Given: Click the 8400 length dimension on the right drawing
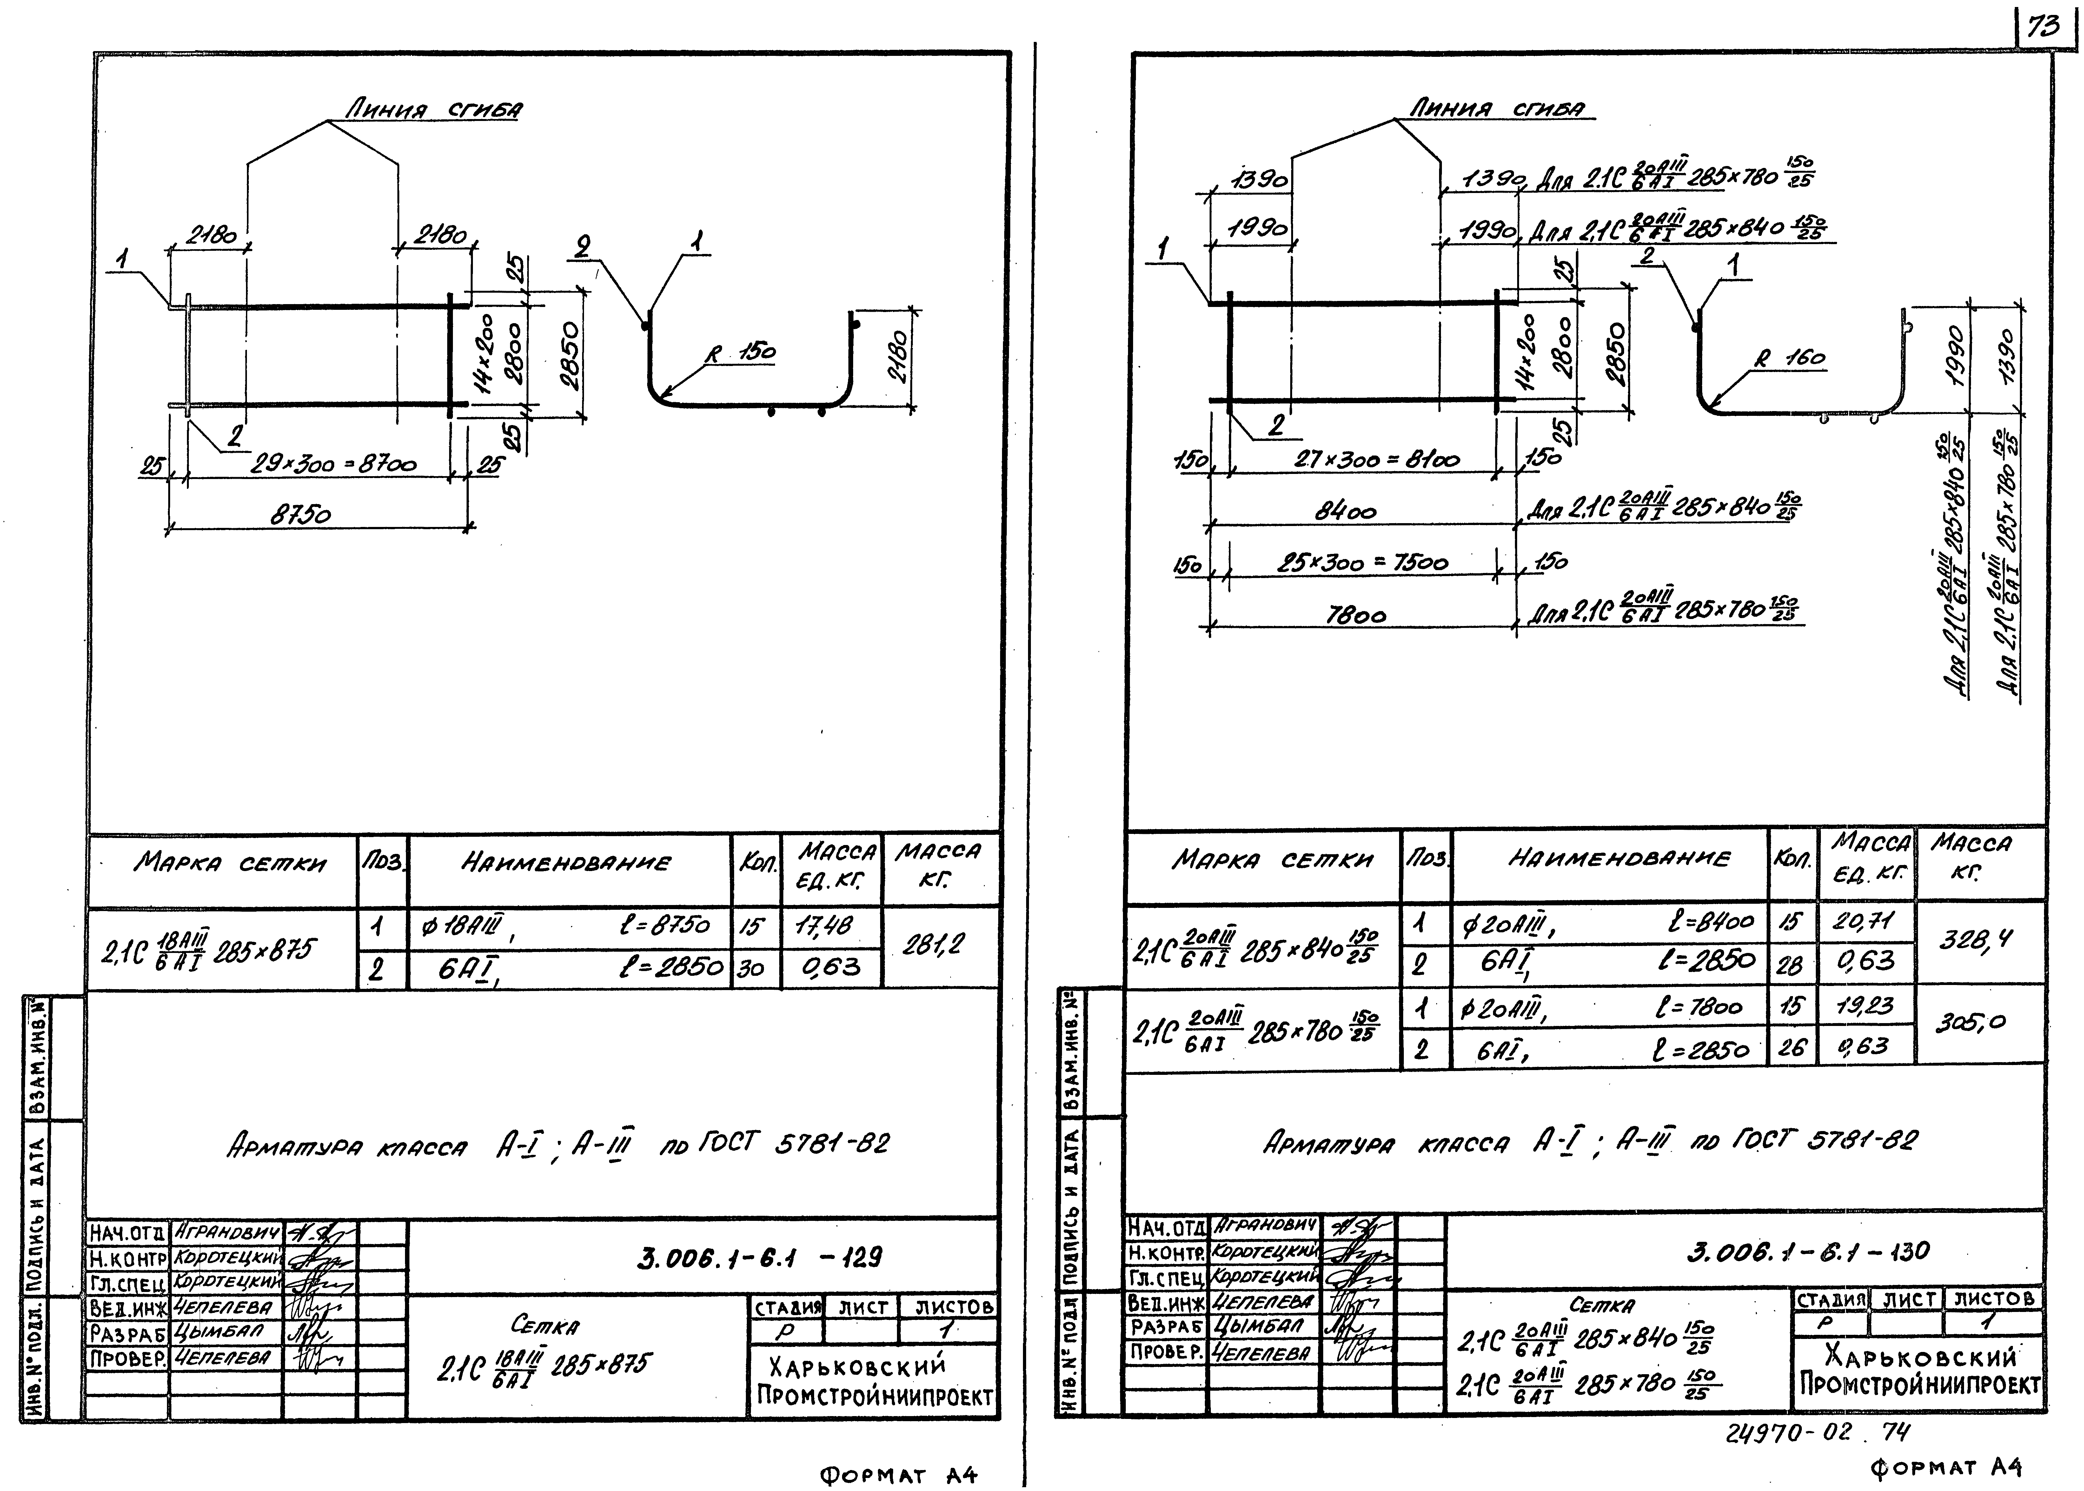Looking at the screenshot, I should (x=1345, y=511).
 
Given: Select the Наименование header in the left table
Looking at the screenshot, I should (x=567, y=863).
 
